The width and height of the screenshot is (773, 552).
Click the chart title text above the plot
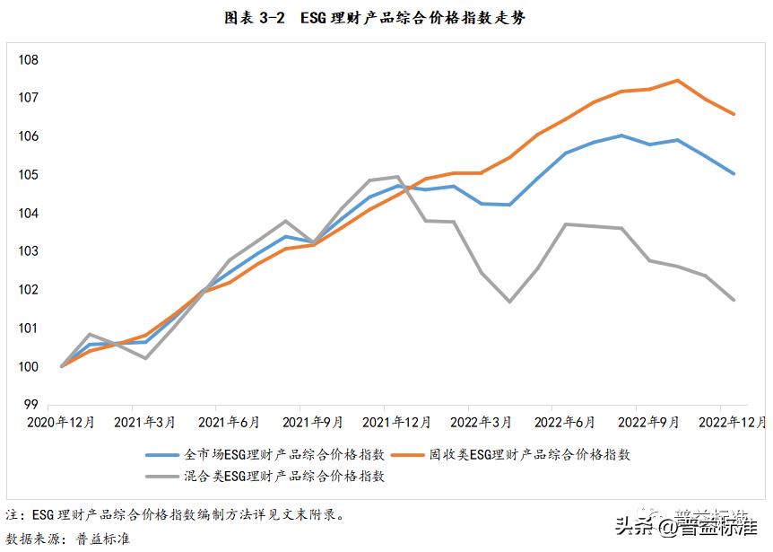click(x=386, y=18)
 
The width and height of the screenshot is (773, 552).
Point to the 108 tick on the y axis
click(x=29, y=59)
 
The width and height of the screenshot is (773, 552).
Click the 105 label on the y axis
click(x=29, y=174)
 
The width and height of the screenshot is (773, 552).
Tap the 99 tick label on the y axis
click(x=31, y=405)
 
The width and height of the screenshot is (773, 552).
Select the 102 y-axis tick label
click(x=29, y=290)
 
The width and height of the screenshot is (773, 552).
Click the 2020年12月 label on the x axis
click(x=61, y=422)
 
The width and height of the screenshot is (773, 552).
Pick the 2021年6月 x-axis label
click(x=230, y=422)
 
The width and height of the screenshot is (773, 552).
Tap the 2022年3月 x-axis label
click(x=481, y=422)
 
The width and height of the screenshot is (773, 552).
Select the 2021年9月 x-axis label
click(x=314, y=422)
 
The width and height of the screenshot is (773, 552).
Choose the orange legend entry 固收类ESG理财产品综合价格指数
click(x=529, y=455)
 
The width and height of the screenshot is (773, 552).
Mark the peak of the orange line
click(x=677, y=80)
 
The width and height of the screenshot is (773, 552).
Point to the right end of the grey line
click(x=734, y=300)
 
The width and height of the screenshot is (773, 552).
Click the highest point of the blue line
click(x=621, y=136)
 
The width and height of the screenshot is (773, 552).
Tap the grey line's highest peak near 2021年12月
click(x=397, y=177)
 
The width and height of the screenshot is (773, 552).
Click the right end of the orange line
click(x=734, y=114)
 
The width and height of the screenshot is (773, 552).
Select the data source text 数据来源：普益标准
click(x=68, y=539)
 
